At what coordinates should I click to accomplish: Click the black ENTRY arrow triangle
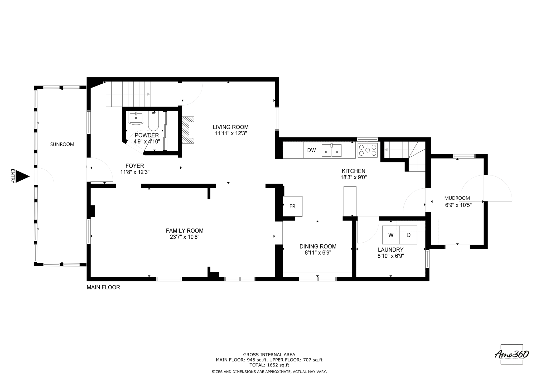(22, 176)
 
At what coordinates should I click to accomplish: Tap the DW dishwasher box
(311, 150)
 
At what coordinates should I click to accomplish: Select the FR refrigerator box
(292, 206)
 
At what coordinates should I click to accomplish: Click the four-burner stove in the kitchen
(367, 150)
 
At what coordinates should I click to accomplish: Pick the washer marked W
(391, 235)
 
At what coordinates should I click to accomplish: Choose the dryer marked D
(408, 235)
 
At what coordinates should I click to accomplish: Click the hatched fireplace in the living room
(188, 130)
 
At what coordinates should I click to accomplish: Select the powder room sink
(136, 118)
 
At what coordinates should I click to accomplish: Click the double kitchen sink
(331, 150)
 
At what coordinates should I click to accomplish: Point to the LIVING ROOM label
(231, 127)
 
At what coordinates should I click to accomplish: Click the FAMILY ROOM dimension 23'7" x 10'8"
(185, 237)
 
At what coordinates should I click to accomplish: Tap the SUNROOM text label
(62, 144)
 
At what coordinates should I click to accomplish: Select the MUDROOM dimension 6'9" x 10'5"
(458, 205)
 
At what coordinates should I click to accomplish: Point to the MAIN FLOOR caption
(103, 287)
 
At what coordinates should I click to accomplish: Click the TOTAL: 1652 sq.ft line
(269, 365)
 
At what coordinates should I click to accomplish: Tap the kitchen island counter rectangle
(350, 201)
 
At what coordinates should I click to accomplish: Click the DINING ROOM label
(318, 246)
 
